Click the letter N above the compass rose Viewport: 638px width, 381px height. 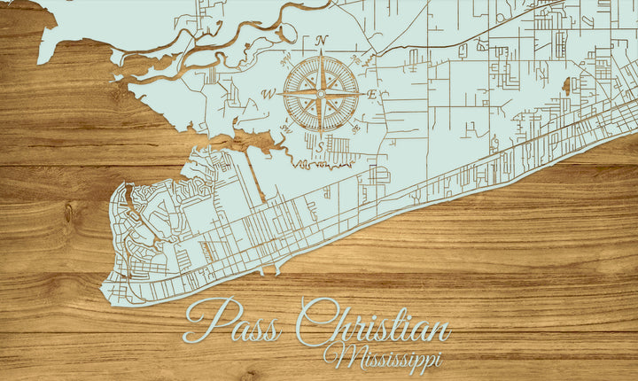[321, 41]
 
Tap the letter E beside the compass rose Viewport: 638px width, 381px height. [373, 94]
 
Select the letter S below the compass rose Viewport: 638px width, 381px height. [321, 147]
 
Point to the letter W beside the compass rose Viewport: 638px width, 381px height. [267, 94]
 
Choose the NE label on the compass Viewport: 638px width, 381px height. [354, 60]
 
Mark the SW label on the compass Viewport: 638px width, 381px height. [286, 128]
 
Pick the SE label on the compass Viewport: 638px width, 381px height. [355, 128]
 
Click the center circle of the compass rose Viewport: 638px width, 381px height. [321, 93]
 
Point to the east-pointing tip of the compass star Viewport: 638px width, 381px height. [361, 93]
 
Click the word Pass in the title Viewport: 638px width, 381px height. [232, 323]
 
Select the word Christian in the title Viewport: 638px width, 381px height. [372, 326]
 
